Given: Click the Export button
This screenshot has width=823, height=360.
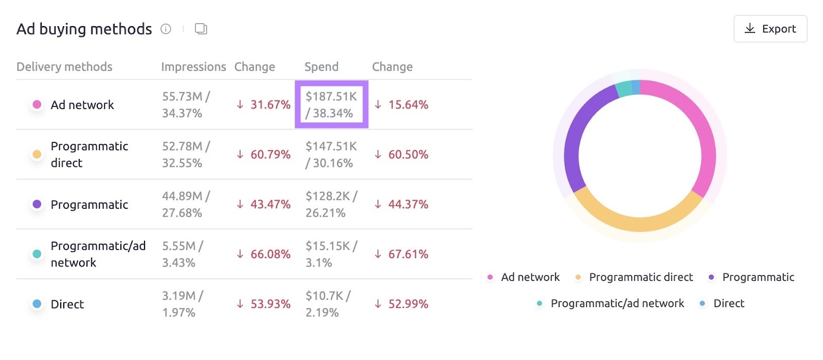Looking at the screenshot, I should point(770,29).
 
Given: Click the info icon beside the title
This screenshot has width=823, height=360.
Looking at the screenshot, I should point(166,29).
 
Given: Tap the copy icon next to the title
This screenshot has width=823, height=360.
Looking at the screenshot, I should point(201,29).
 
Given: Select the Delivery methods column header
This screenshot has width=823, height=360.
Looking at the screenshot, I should point(64,67).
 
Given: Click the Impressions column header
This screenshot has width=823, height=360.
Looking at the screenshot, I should point(193,67).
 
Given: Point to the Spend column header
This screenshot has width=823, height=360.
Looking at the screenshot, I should point(321,67).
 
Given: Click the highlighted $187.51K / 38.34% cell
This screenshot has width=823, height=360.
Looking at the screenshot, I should point(331,104).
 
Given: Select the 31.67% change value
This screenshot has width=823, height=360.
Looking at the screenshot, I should point(270,104).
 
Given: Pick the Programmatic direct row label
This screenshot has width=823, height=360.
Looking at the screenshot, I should point(89,154).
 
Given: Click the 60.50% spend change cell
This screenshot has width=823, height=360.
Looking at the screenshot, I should point(407,154).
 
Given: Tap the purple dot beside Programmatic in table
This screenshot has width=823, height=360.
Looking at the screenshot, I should point(37,204).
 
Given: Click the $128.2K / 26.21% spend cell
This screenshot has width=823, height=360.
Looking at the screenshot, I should point(331,204).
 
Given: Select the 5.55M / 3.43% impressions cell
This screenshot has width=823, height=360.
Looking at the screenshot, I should point(183,254).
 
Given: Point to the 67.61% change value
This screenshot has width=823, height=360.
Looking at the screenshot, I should point(407,254).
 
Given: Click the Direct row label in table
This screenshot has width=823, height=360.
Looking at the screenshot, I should point(67,304).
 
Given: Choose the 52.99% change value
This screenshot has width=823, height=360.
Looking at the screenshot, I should point(407,304).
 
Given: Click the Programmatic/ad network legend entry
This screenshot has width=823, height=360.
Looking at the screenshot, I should point(617,303).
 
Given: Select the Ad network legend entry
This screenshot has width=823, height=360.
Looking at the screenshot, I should point(530,277).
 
